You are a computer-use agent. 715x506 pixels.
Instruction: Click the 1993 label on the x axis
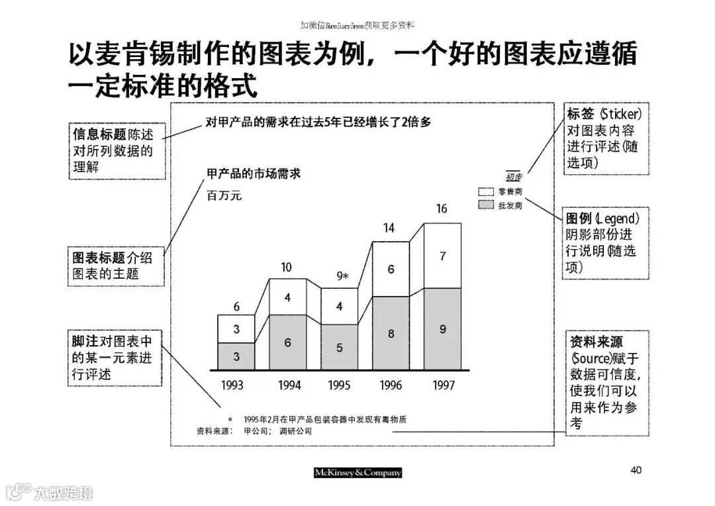(x=232, y=385)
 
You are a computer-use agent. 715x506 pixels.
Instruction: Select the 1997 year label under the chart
(x=443, y=385)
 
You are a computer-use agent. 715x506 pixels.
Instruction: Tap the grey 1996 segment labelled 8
(x=391, y=334)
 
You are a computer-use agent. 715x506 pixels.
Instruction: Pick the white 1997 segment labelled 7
(x=443, y=256)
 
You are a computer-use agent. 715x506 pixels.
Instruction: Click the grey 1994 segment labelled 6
(x=288, y=342)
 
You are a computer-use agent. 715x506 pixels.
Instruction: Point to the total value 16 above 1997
(x=442, y=209)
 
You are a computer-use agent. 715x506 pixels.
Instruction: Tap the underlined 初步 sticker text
(x=514, y=176)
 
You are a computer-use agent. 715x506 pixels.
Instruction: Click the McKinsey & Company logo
(x=358, y=473)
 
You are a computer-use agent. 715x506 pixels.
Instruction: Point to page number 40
(x=636, y=470)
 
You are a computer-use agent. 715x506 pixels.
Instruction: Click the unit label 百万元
(x=224, y=195)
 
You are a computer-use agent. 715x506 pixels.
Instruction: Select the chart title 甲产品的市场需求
(x=254, y=174)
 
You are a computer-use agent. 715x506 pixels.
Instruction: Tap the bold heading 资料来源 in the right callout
(x=596, y=342)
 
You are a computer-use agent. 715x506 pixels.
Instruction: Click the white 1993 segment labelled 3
(x=236, y=329)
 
